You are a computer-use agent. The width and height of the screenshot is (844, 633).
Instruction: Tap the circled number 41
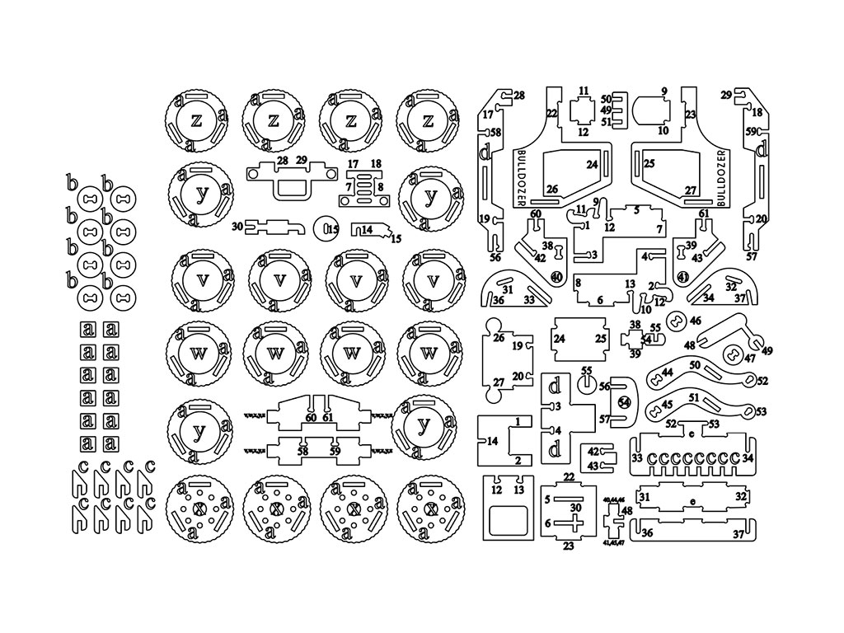point(683,277)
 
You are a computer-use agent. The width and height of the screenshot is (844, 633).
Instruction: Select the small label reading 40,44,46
point(614,500)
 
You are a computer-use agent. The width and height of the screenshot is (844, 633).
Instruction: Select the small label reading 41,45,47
point(614,543)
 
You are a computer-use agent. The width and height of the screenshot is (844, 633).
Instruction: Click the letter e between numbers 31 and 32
point(692,501)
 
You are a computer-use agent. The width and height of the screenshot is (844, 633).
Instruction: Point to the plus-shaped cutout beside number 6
point(565,523)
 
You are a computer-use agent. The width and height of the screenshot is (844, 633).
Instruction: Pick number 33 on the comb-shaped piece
point(637,457)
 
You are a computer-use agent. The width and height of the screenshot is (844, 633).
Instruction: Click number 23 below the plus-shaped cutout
point(569,546)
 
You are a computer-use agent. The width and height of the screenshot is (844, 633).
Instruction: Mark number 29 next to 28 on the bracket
point(302,160)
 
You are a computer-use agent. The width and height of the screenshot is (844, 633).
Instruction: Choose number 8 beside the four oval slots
point(380,188)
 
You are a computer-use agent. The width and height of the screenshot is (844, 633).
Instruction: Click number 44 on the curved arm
point(667,373)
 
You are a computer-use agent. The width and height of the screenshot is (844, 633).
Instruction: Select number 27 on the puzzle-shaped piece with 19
point(498,382)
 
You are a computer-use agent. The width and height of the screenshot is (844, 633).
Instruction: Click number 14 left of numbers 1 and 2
point(492,441)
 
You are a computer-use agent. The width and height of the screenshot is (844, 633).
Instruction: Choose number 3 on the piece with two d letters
point(558,406)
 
